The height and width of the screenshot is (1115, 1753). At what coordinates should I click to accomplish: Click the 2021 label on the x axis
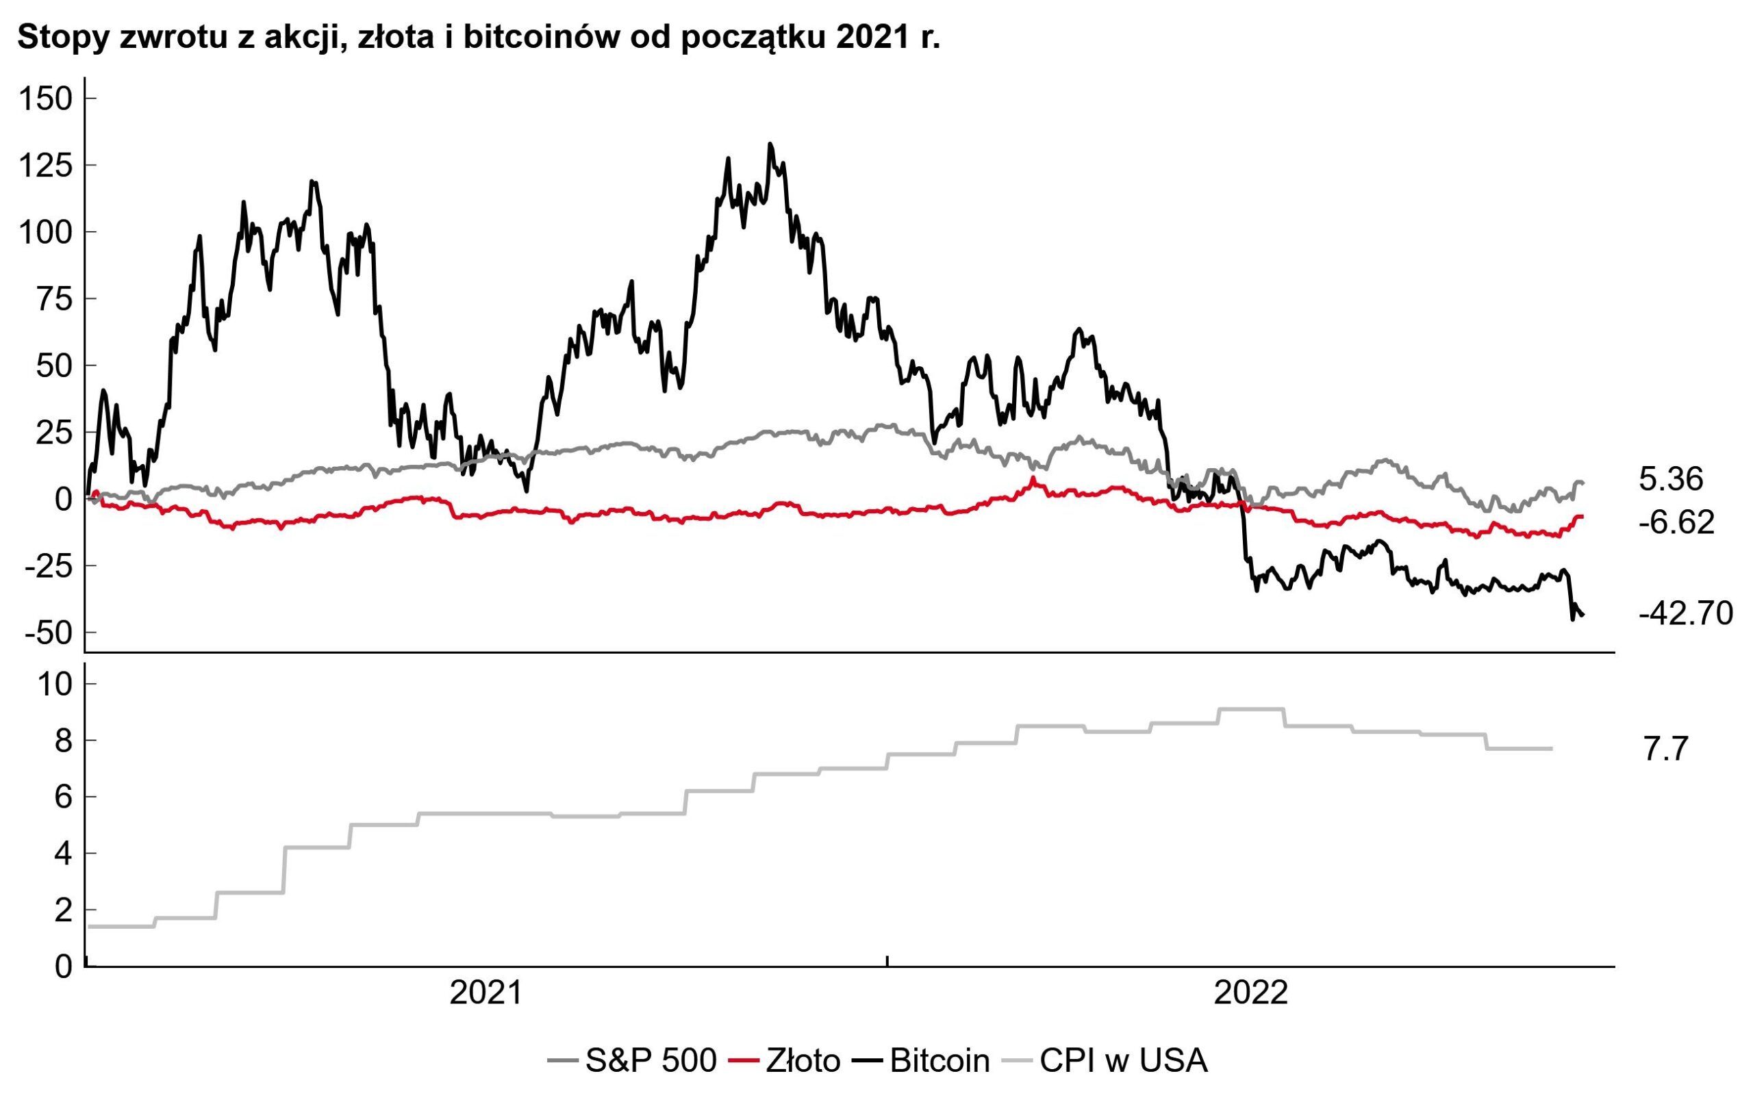[485, 993]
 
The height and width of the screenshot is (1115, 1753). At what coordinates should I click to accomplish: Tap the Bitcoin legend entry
[939, 1061]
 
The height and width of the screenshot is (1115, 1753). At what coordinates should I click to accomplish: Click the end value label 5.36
[1671, 480]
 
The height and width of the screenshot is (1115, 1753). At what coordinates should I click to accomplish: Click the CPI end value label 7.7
[1665, 749]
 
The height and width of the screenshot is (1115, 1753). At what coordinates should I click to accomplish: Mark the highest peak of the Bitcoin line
[770, 144]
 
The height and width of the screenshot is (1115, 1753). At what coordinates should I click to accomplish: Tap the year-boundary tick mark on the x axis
[887, 963]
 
